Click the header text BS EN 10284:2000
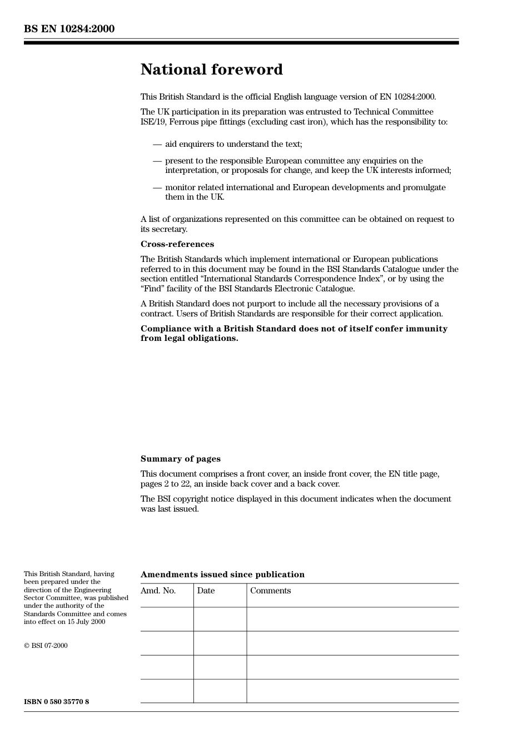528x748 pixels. [x=69, y=29]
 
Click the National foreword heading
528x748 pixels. [x=212, y=70]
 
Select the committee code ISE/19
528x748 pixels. [x=153, y=122]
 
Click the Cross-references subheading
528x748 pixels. [x=177, y=244]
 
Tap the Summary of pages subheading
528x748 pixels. [x=181, y=459]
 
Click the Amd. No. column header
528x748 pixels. [x=158, y=591]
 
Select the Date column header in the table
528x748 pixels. [x=206, y=591]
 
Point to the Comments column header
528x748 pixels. [x=271, y=591]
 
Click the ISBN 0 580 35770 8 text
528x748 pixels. [x=56, y=702]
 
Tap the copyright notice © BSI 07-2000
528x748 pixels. [x=46, y=646]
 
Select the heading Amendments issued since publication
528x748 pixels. [x=222, y=574]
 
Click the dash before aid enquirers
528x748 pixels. [x=157, y=145]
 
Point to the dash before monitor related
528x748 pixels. [x=157, y=188]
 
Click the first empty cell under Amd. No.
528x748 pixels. [x=167, y=619]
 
